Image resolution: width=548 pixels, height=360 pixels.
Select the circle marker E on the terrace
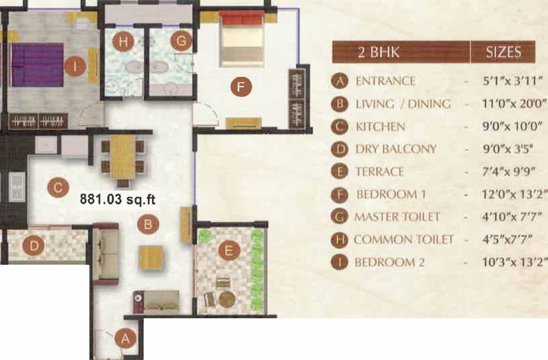click(x=228, y=251)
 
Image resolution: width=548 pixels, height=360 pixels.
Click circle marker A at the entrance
click(x=125, y=337)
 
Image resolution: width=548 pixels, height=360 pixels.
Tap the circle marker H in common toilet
click(x=123, y=42)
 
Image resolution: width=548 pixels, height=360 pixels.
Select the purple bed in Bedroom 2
click(x=38, y=65)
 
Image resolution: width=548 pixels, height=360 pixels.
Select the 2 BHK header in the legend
click(x=379, y=52)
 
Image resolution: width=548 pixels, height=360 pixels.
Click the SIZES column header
click(x=503, y=52)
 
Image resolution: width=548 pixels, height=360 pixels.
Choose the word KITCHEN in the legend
click(x=381, y=127)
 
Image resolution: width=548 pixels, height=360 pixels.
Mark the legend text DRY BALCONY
click(x=396, y=149)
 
